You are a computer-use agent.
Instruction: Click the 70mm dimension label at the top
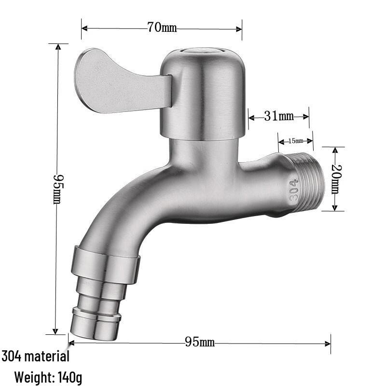[x=162, y=28]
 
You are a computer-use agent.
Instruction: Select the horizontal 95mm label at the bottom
[x=200, y=343]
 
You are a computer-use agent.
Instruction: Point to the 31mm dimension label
[x=279, y=116]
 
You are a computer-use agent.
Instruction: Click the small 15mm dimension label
[x=295, y=141]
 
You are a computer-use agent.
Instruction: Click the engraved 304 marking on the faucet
[x=294, y=190]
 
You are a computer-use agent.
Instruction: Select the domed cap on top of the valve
[x=203, y=92]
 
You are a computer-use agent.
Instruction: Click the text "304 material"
[x=36, y=357]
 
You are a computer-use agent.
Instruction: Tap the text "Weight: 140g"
[x=48, y=377]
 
